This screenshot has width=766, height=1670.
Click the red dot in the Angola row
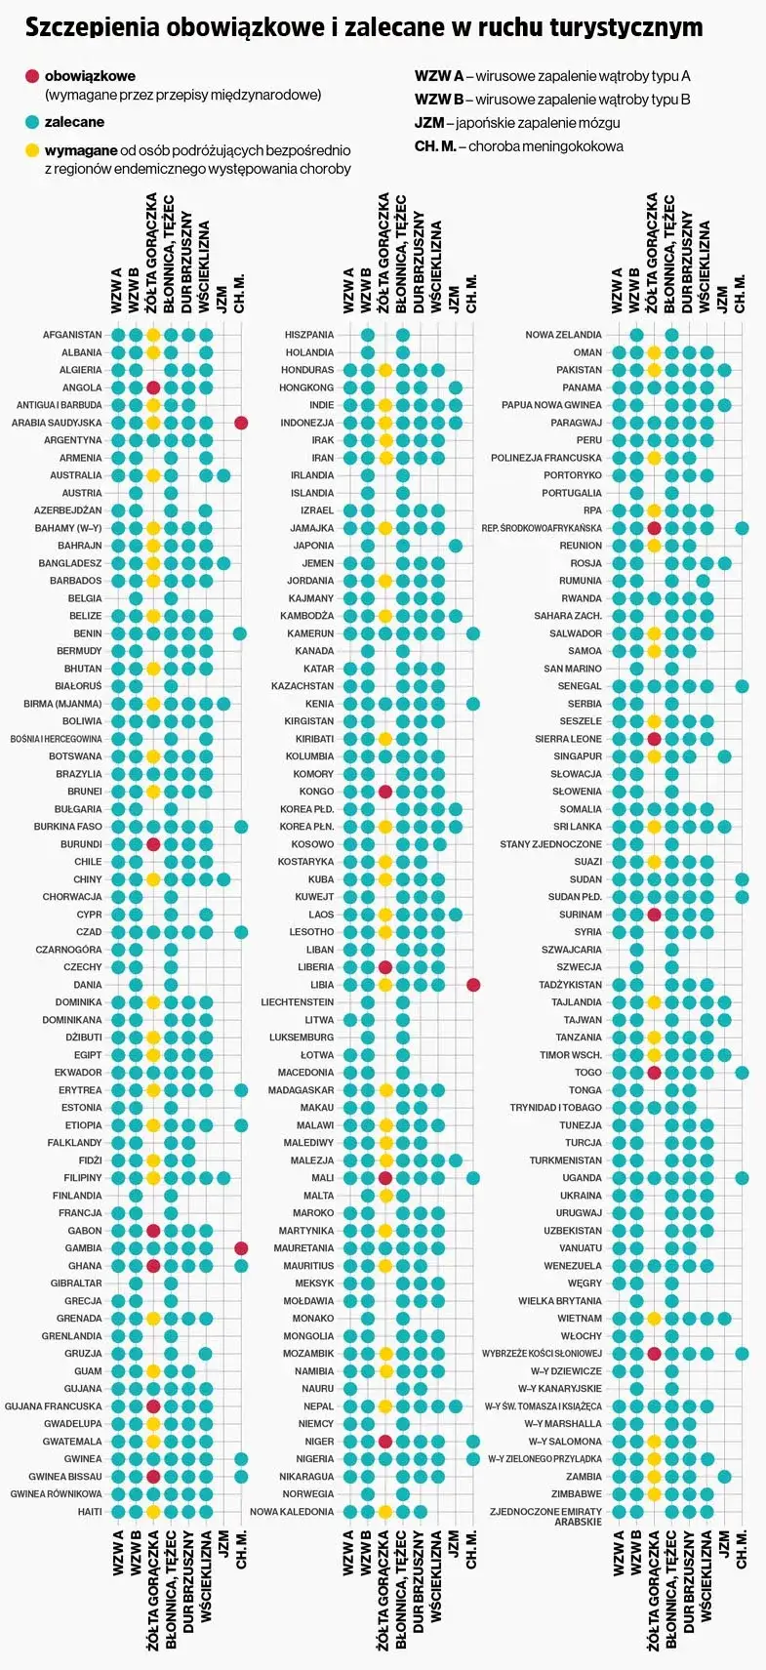[x=153, y=387]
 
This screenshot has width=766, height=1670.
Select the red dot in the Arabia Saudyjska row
[x=241, y=423]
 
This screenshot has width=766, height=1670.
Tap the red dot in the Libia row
[x=473, y=985]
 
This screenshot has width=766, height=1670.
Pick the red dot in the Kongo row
[x=385, y=792]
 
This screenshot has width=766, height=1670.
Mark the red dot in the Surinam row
[x=655, y=915]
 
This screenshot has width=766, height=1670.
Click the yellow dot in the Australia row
[x=153, y=475]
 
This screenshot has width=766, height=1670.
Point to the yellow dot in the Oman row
[x=655, y=352]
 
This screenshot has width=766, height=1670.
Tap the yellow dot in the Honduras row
[x=385, y=370]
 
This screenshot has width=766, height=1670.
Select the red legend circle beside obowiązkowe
[x=32, y=76]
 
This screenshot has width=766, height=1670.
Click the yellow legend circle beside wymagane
[x=32, y=150]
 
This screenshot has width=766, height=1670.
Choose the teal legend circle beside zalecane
[x=32, y=122]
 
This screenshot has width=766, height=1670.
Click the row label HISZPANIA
[x=308, y=335]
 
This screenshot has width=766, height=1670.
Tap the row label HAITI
[x=90, y=1512]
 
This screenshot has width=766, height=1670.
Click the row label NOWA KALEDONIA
[x=292, y=1512]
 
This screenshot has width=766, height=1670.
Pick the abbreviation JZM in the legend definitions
[x=428, y=123]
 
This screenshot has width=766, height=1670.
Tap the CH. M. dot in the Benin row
[x=241, y=633]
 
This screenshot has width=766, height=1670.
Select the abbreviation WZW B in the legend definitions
[x=438, y=100]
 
